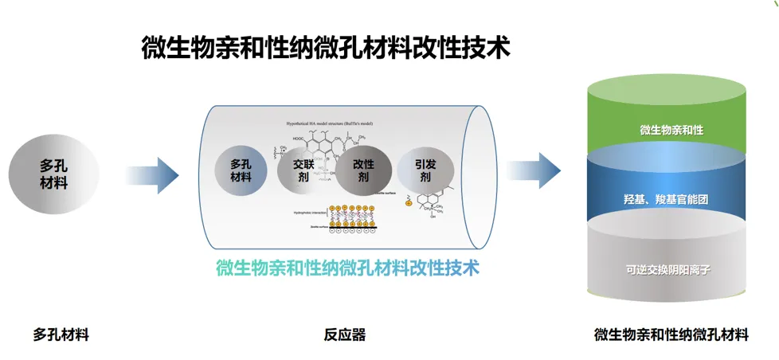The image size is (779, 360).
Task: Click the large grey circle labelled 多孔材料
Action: [x=53, y=174]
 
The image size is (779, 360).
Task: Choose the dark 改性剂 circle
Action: [x=363, y=170]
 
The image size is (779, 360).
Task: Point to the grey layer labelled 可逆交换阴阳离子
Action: [x=667, y=269]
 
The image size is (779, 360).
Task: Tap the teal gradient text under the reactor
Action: [x=347, y=267]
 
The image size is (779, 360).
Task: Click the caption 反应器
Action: [x=345, y=335]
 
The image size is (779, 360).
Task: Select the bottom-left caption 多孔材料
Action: [x=61, y=335]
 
